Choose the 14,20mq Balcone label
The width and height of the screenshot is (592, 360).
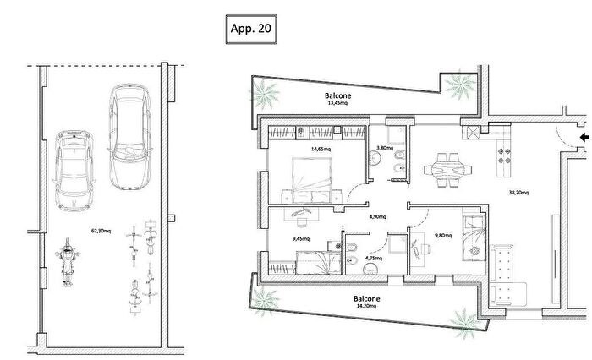(366, 303)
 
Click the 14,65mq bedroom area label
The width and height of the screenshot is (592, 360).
(320, 150)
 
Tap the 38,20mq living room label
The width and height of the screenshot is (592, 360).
(519, 193)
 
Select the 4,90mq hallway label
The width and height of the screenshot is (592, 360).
(375, 216)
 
